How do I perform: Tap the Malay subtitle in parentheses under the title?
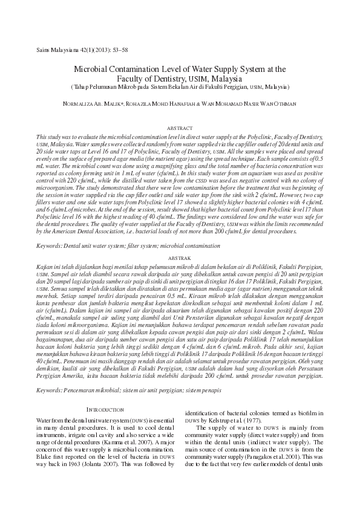(180, 87)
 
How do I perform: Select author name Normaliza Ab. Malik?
(100, 104)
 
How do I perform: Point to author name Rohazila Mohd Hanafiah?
(182, 104)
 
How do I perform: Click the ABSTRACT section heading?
(180, 129)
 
